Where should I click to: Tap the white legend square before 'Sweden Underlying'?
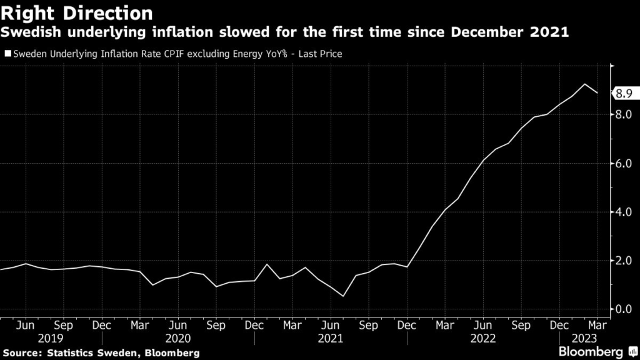(7, 54)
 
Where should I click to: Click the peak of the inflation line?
(584, 84)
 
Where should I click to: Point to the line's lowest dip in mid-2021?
(343, 296)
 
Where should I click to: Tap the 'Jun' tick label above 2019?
(25, 325)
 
